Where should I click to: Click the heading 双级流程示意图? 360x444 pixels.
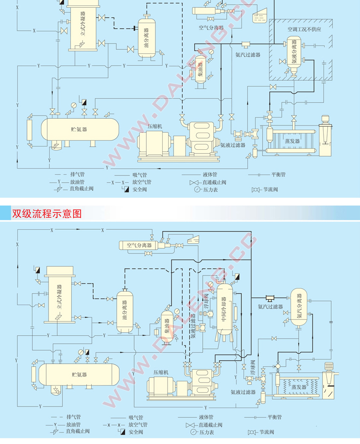pyautogui.click(x=47, y=214)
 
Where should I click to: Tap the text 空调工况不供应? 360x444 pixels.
pyautogui.click(x=304, y=29)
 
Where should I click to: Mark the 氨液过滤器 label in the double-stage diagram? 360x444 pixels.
pyautogui.click(x=243, y=392)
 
